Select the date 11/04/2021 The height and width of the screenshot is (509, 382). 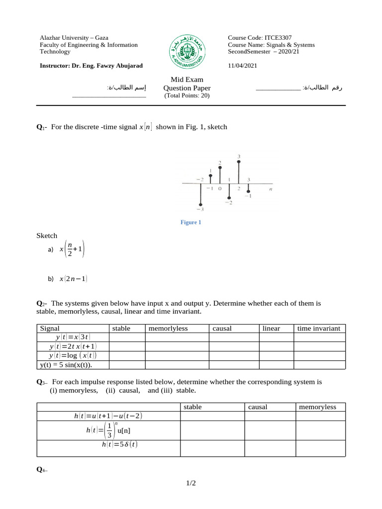tap(243, 65)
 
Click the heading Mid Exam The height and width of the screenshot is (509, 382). tap(187, 79)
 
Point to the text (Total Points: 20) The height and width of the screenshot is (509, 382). tap(187, 96)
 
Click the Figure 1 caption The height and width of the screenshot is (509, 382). tap(191, 222)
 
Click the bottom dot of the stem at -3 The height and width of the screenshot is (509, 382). tap(200, 204)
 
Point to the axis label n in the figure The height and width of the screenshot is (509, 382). tap(271, 189)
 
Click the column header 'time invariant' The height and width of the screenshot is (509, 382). tap(318, 328)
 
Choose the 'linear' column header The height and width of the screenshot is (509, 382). tap(271, 328)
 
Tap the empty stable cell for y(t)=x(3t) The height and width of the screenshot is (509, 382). tap(127, 338)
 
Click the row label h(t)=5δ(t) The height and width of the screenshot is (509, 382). tap(120, 444)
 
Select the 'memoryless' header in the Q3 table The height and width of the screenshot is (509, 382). tap(317, 407)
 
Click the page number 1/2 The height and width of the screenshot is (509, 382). tap(191, 483)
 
